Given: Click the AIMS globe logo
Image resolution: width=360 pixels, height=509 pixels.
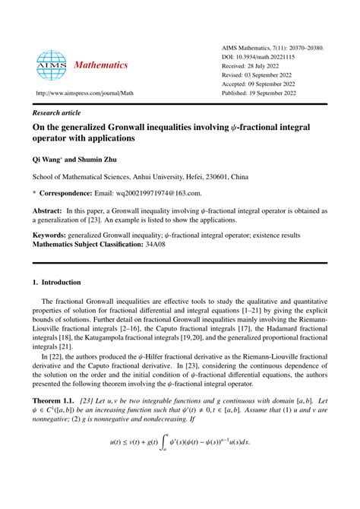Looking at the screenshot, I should pos(52,65).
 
